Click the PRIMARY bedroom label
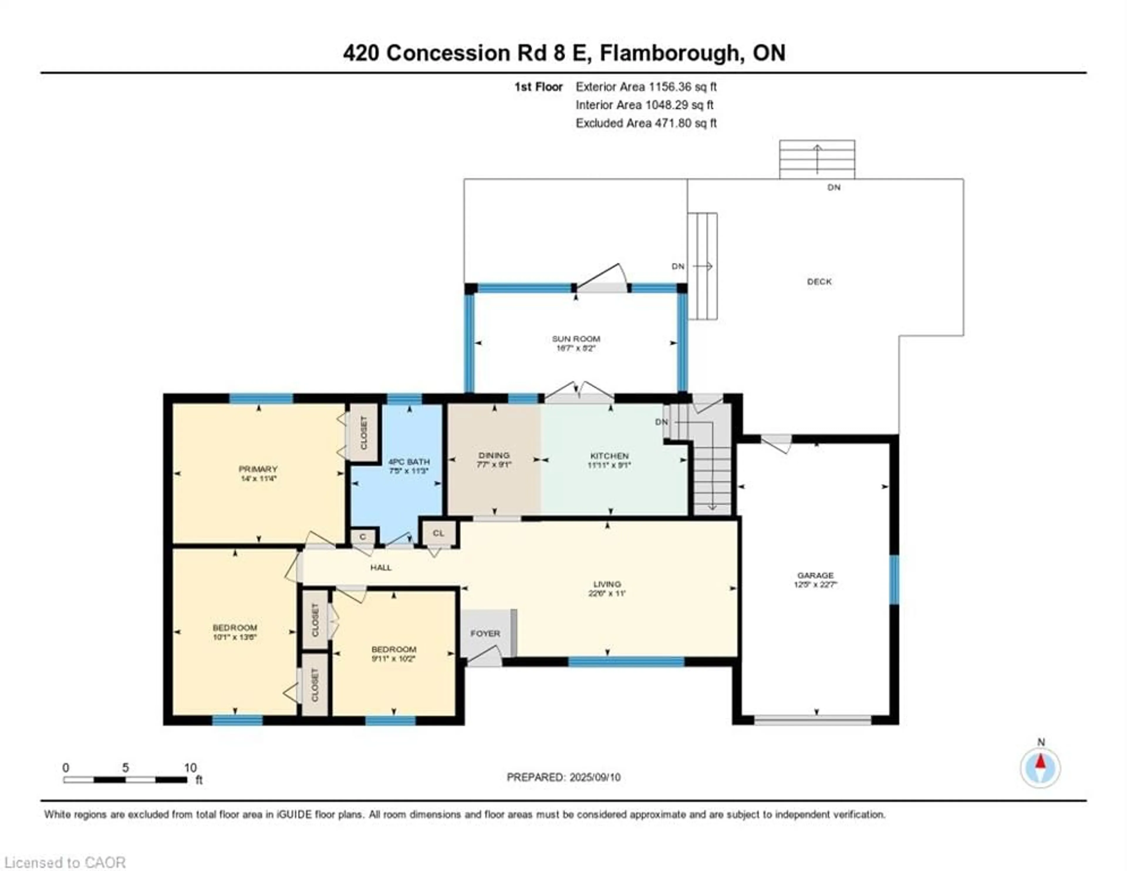pos(258,469)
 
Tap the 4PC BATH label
pos(409,461)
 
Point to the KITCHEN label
pos(609,456)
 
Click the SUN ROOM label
pos(576,339)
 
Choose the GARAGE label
pos(815,575)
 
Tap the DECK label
pos(819,282)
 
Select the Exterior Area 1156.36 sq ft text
pos(646,87)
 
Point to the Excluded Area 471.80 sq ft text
pos(646,123)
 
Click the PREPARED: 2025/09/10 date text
pos(563,777)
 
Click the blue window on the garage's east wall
pos(894,579)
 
